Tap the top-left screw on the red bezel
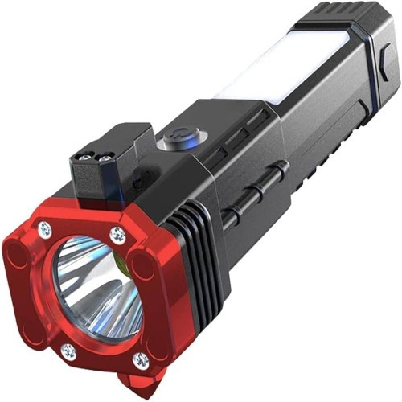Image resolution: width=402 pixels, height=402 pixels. tap(46, 230)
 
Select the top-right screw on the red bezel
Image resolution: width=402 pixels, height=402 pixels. tap(118, 234)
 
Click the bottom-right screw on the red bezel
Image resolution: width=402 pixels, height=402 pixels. tap(141, 360)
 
